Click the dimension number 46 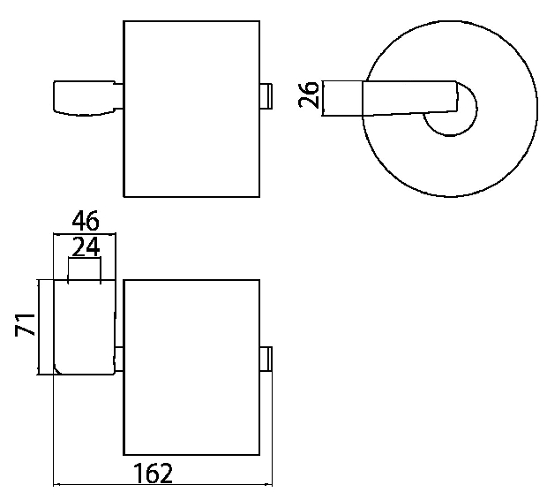[86, 221]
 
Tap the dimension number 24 [86, 246]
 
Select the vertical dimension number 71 [25, 325]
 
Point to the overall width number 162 [154, 473]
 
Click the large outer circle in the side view [363, 109]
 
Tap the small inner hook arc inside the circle [477, 109]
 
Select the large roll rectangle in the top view [191, 109]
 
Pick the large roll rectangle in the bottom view [191, 367]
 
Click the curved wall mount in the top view [85, 98]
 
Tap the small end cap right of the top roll [266, 96]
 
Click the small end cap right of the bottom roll [266, 359]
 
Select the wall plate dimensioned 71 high [85, 327]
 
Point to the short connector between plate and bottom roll [119, 359]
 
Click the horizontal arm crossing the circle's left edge [389, 98]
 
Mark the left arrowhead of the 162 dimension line [56, 485]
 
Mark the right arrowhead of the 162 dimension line [269, 485]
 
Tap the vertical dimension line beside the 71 [38, 327]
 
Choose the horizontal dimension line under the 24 [85, 258]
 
